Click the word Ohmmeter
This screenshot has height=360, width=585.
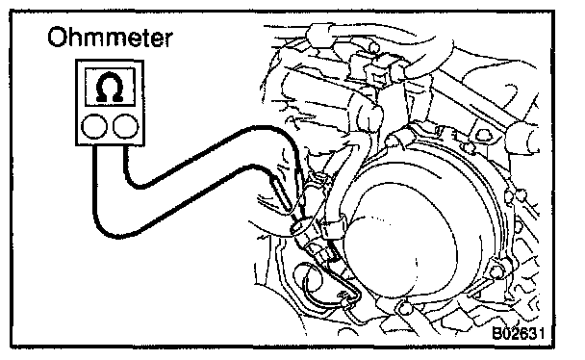[110, 38]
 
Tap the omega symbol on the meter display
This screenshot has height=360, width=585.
[110, 88]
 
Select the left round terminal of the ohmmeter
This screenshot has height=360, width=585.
[94, 126]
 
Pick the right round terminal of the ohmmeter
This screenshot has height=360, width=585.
[126, 126]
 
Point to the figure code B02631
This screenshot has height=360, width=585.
[518, 333]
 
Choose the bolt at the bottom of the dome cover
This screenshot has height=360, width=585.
[403, 308]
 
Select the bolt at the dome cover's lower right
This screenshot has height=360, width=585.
[496, 270]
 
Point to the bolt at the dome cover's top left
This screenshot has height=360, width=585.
[392, 141]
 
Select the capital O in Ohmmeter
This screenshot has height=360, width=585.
[58, 38]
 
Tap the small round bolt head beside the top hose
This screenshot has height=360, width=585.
[374, 47]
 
